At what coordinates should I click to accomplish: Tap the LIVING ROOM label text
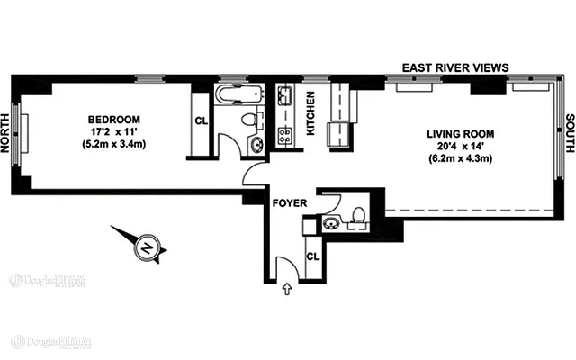tap(460, 134)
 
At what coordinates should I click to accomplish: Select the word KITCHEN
tap(310, 114)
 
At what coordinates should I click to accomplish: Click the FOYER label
tap(290, 203)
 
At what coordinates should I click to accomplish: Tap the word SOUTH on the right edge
tap(568, 134)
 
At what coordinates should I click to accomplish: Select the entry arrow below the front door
tap(287, 290)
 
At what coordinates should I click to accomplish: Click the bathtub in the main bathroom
tap(238, 94)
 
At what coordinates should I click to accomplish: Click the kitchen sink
tap(284, 95)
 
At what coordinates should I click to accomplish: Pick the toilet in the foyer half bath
tap(356, 214)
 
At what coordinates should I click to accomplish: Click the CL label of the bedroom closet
tap(201, 123)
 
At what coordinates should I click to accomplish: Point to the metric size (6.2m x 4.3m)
tap(460, 159)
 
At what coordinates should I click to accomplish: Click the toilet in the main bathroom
tap(248, 121)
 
